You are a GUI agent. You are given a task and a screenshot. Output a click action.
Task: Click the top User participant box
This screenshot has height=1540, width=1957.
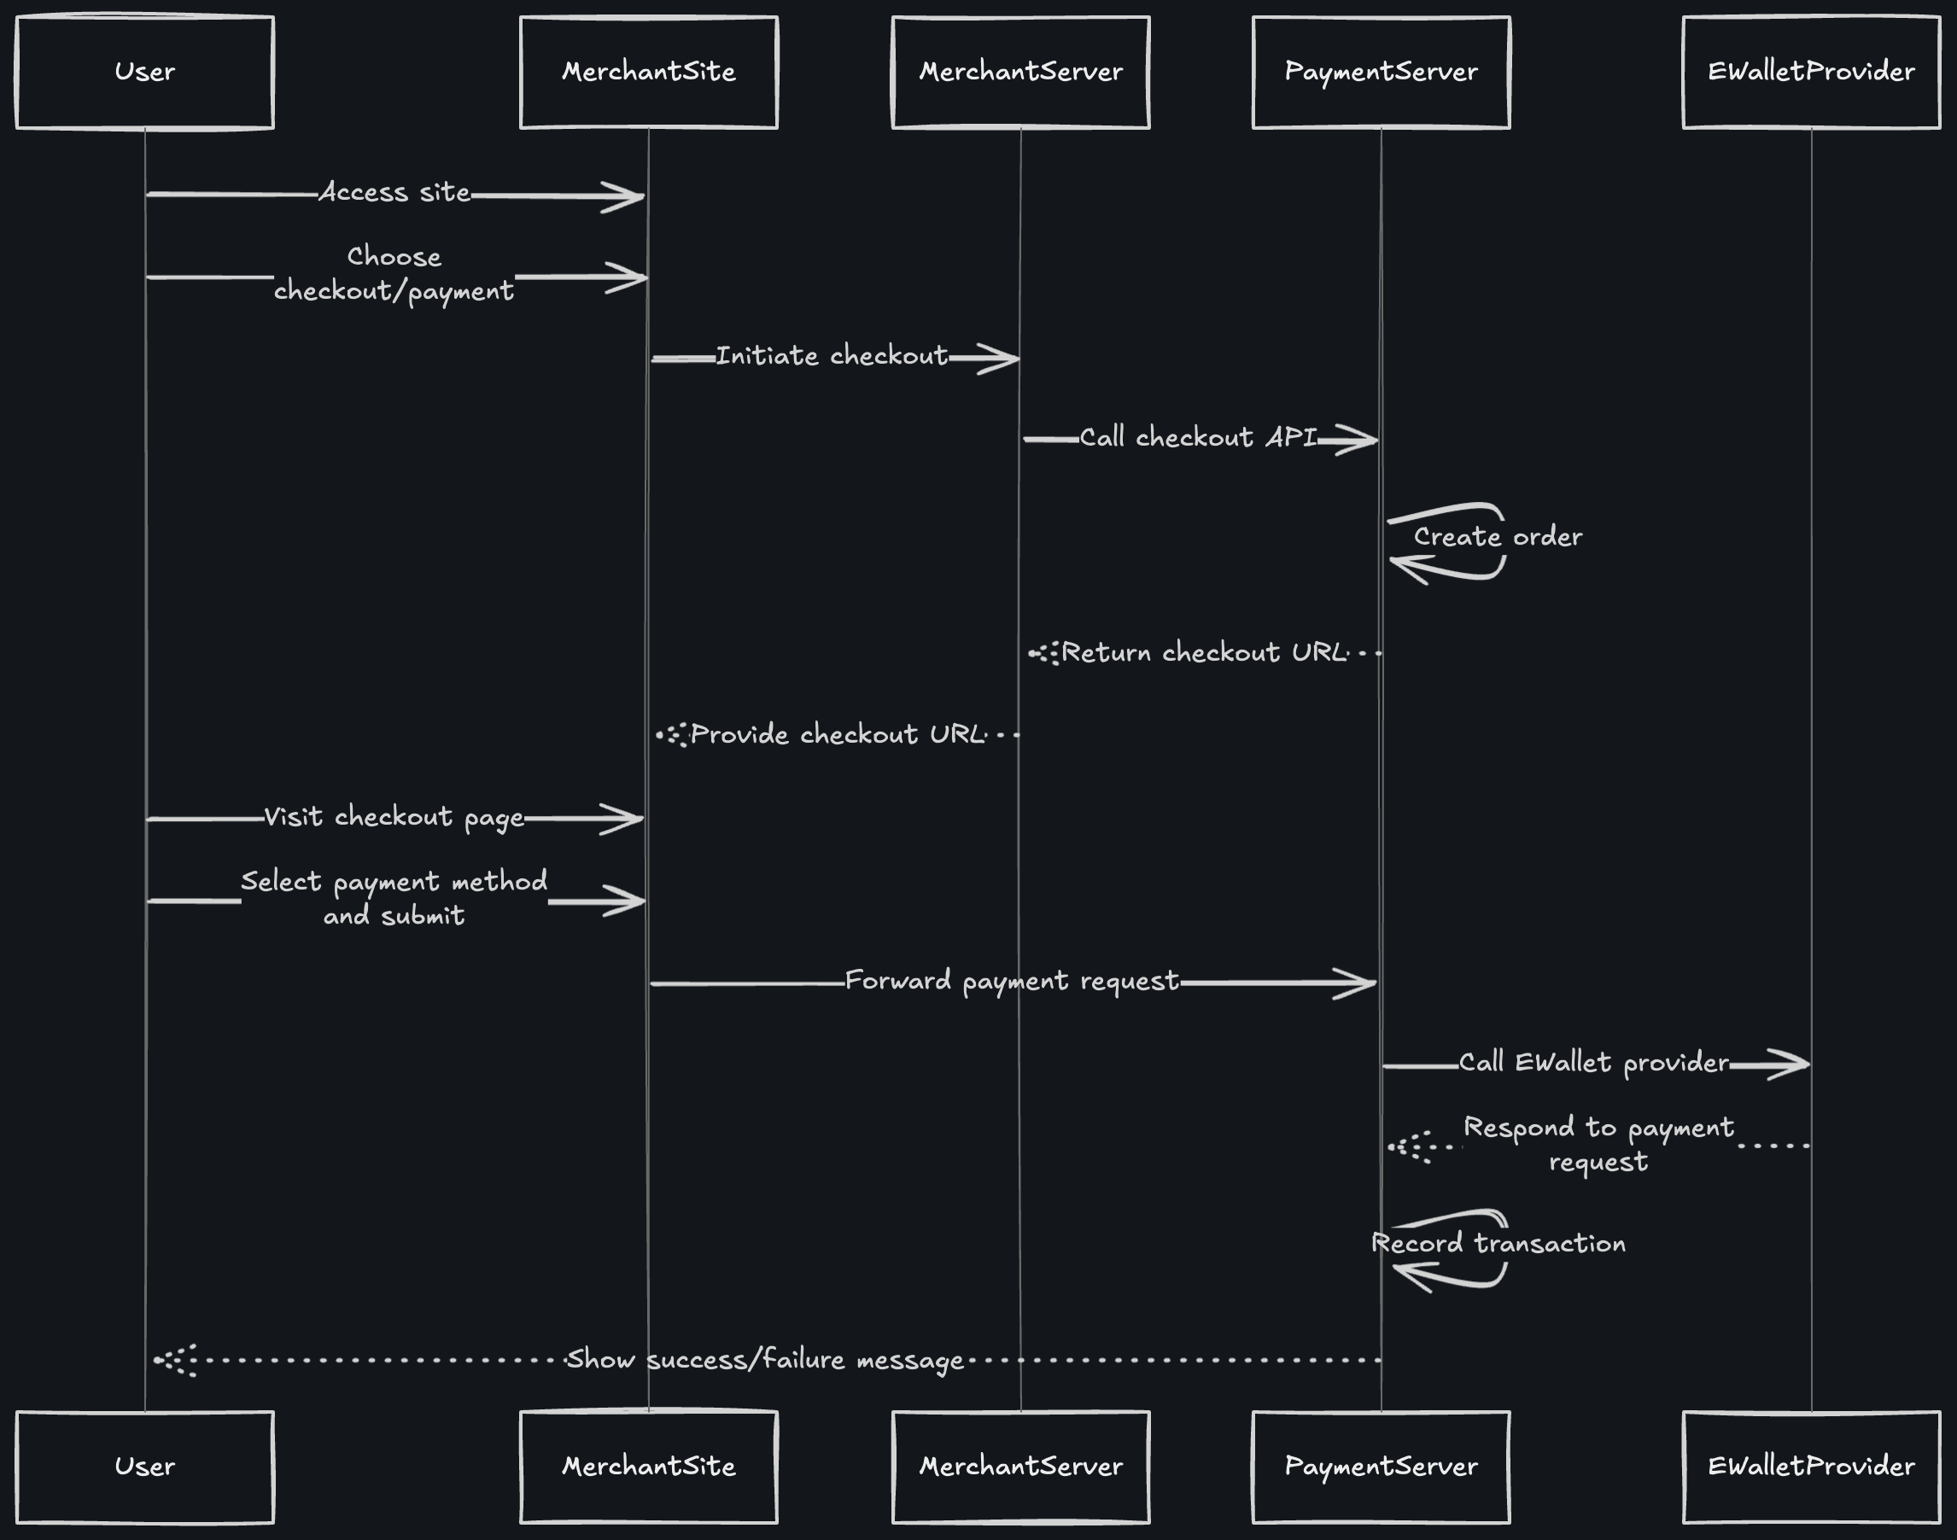[x=144, y=72]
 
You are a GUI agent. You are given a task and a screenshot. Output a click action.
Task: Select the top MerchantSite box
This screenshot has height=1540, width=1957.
[x=648, y=72]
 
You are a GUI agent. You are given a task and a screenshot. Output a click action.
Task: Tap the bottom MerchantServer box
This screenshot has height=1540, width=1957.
[x=1021, y=1467]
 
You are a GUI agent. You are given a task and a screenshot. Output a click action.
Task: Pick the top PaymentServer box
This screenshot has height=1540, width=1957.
[x=1381, y=72]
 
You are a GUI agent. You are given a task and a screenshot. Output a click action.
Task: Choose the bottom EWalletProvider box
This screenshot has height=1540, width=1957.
[x=1811, y=1467]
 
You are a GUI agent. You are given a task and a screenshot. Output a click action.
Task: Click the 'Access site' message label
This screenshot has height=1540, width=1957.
[x=394, y=193]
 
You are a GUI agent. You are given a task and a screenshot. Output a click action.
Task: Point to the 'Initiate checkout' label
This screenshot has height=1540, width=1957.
[x=832, y=356]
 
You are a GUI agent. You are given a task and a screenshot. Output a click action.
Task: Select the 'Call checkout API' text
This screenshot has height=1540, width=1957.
[x=1198, y=438]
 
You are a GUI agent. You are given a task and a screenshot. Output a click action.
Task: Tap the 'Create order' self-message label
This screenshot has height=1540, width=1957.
[x=1497, y=537]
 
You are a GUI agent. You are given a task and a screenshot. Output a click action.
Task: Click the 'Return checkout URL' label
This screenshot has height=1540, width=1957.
[x=1204, y=653]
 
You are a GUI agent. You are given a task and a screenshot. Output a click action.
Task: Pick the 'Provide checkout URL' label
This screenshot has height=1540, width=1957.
[x=838, y=735]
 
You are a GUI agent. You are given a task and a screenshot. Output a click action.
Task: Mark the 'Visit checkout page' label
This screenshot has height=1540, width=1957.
[x=394, y=817]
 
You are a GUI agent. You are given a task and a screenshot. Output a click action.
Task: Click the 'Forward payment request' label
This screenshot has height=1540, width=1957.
[x=1012, y=981]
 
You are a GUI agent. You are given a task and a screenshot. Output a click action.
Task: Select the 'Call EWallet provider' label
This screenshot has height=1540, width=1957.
[x=1593, y=1063]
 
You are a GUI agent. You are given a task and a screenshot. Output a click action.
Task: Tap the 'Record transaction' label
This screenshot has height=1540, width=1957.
[x=1498, y=1245]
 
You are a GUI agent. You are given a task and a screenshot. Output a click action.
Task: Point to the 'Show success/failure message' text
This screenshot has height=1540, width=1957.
[x=765, y=1360]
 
